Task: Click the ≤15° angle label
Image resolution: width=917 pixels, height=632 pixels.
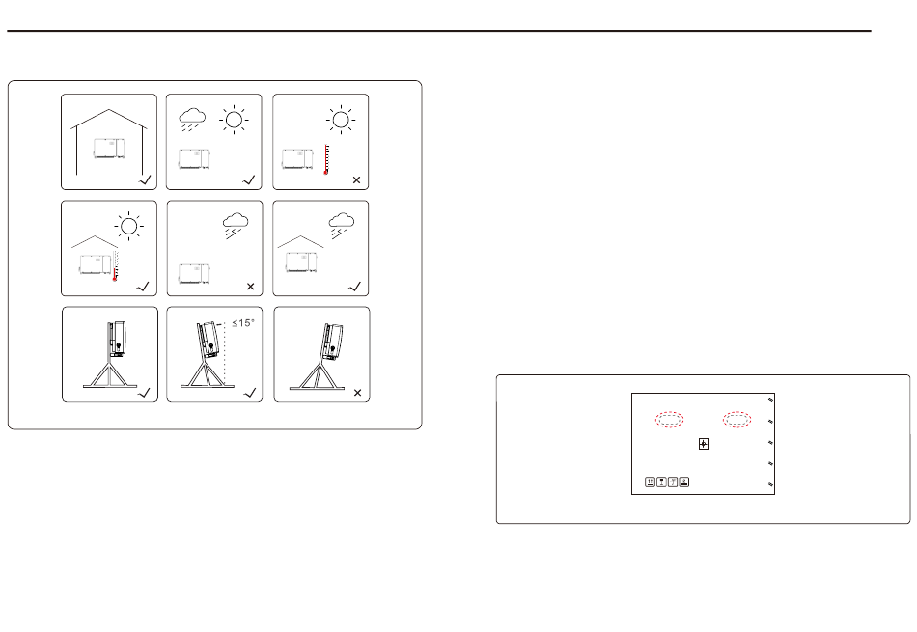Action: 243,322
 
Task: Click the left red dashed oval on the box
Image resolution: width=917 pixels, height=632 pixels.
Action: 670,419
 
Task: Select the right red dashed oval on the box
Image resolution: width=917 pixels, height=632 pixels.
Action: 736,419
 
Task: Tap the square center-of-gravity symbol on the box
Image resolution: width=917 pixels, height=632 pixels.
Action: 704,444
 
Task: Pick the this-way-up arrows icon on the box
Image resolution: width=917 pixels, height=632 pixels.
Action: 650,481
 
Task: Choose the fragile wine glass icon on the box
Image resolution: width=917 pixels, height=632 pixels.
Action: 661,481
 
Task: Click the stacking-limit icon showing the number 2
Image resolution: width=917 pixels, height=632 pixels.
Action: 684,481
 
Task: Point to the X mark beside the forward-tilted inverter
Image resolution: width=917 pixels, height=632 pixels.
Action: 357,393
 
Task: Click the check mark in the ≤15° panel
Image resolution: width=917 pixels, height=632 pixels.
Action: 250,393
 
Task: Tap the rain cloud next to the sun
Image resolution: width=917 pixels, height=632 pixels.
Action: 192,119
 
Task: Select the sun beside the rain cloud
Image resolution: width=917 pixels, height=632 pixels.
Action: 234,120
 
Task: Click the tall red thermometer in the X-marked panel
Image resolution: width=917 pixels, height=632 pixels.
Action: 326,159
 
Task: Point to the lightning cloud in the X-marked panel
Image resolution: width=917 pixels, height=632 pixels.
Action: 236,226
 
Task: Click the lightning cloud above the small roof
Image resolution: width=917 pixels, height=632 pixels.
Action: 341,226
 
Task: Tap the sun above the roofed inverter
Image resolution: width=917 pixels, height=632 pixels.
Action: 129,226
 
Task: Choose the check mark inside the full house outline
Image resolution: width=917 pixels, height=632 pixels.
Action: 145,180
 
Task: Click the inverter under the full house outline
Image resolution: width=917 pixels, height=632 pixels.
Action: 109,149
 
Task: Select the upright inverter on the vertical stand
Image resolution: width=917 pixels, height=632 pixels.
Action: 117,338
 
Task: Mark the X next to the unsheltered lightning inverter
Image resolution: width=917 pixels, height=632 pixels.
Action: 250,287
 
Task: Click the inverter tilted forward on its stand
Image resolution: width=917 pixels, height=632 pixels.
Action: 332,342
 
